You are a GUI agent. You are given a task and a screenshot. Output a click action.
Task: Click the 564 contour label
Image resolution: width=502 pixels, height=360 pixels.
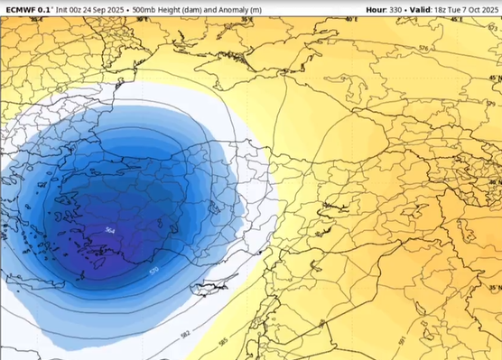click(x=109, y=230)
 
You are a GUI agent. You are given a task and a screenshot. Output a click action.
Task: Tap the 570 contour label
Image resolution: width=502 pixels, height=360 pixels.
click(x=153, y=270)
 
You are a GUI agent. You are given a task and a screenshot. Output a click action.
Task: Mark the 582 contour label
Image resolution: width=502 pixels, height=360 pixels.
click(x=184, y=335)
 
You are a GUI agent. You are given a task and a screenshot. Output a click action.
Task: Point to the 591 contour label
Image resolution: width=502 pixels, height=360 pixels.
click(x=402, y=341)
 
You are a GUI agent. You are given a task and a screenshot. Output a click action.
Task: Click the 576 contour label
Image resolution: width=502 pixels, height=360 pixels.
click(x=423, y=49)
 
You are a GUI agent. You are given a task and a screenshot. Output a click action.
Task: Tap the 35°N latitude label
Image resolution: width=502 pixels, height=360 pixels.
click(x=494, y=289)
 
